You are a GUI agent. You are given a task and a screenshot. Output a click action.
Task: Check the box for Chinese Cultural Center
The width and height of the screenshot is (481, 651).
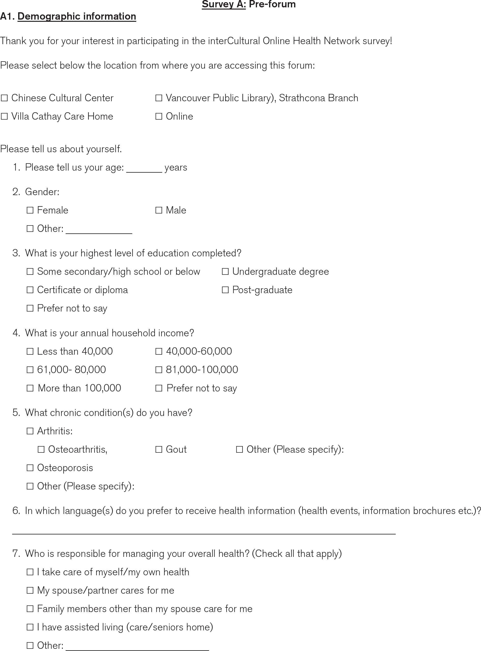click(x=4, y=98)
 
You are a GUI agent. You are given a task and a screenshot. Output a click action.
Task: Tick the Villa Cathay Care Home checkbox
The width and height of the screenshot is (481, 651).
click(x=4, y=116)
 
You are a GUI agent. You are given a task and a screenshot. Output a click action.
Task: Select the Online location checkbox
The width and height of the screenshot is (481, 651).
click(x=159, y=116)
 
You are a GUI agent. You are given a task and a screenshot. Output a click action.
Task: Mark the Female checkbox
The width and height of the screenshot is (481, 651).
click(x=30, y=210)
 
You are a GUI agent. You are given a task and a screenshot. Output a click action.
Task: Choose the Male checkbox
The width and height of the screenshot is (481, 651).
click(x=159, y=210)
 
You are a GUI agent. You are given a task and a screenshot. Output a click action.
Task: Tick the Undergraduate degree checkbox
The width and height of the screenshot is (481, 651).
click(x=225, y=271)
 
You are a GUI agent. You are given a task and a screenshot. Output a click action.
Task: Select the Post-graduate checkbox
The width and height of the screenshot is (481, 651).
click(x=225, y=290)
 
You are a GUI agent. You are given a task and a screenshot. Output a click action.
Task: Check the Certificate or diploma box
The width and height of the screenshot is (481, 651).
click(x=30, y=290)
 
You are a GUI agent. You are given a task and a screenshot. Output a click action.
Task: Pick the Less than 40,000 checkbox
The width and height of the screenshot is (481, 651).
click(x=30, y=351)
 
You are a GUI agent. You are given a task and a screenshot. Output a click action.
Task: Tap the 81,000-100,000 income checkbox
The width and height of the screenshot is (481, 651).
click(x=159, y=370)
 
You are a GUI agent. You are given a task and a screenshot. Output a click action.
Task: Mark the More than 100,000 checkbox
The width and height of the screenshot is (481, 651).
click(x=30, y=388)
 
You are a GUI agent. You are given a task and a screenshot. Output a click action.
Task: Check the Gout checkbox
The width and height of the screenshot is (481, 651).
click(x=159, y=450)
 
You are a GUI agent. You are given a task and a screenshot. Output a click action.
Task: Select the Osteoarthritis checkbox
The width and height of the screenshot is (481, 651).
click(x=41, y=450)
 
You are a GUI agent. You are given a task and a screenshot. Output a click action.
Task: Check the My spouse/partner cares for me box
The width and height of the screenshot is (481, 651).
click(x=30, y=590)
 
